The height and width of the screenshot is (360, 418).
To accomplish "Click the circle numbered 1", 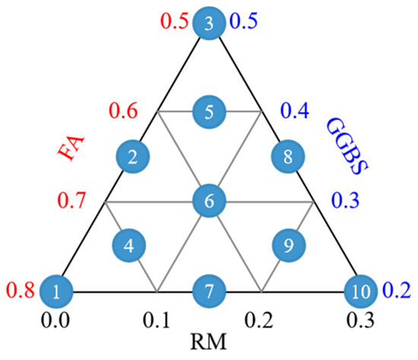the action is (56, 292).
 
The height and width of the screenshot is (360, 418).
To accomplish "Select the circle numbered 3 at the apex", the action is (209, 24).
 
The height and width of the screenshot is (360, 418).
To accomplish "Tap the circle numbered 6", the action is (209, 201).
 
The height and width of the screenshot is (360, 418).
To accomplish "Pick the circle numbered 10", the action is (361, 292).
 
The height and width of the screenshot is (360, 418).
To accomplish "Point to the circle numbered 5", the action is (209, 112).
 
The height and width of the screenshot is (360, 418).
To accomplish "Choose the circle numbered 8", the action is (288, 156).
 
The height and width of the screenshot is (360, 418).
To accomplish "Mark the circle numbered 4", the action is (129, 245).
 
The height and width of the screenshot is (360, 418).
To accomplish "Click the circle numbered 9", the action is (289, 245).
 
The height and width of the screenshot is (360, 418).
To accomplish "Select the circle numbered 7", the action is (209, 292).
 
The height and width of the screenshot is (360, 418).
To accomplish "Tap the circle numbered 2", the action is (133, 156).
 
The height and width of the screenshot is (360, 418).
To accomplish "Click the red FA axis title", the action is (71, 148).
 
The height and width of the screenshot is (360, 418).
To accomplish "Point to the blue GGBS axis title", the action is (347, 146).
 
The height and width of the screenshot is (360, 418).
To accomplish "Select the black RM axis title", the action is (208, 342).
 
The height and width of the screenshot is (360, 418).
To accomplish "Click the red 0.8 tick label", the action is (21, 289).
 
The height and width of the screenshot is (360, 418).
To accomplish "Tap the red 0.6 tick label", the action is (123, 110).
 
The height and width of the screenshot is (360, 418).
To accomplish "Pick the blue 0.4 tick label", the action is (295, 110).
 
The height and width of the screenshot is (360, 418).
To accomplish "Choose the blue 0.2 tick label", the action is (397, 289).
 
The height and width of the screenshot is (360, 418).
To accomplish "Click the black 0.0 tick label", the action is (55, 320).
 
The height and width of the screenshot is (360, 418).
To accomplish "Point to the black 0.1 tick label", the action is (157, 320).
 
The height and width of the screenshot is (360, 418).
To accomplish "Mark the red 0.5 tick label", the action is (174, 21).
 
